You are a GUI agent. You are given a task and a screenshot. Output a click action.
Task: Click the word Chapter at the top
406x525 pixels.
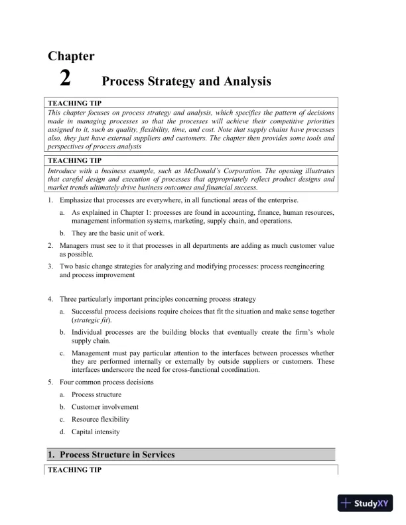coord(70,56)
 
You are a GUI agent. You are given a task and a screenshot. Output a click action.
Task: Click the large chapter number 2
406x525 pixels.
coord(65,79)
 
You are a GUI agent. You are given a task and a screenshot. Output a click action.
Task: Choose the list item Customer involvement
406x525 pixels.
coord(100,407)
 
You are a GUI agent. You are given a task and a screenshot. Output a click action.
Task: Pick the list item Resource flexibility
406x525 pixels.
coord(100,420)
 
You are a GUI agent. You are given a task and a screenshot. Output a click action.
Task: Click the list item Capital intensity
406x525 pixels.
coord(96,432)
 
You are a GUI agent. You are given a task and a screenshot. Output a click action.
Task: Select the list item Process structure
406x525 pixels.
coord(96,394)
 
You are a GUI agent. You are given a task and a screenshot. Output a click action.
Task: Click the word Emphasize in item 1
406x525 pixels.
coord(75,200)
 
